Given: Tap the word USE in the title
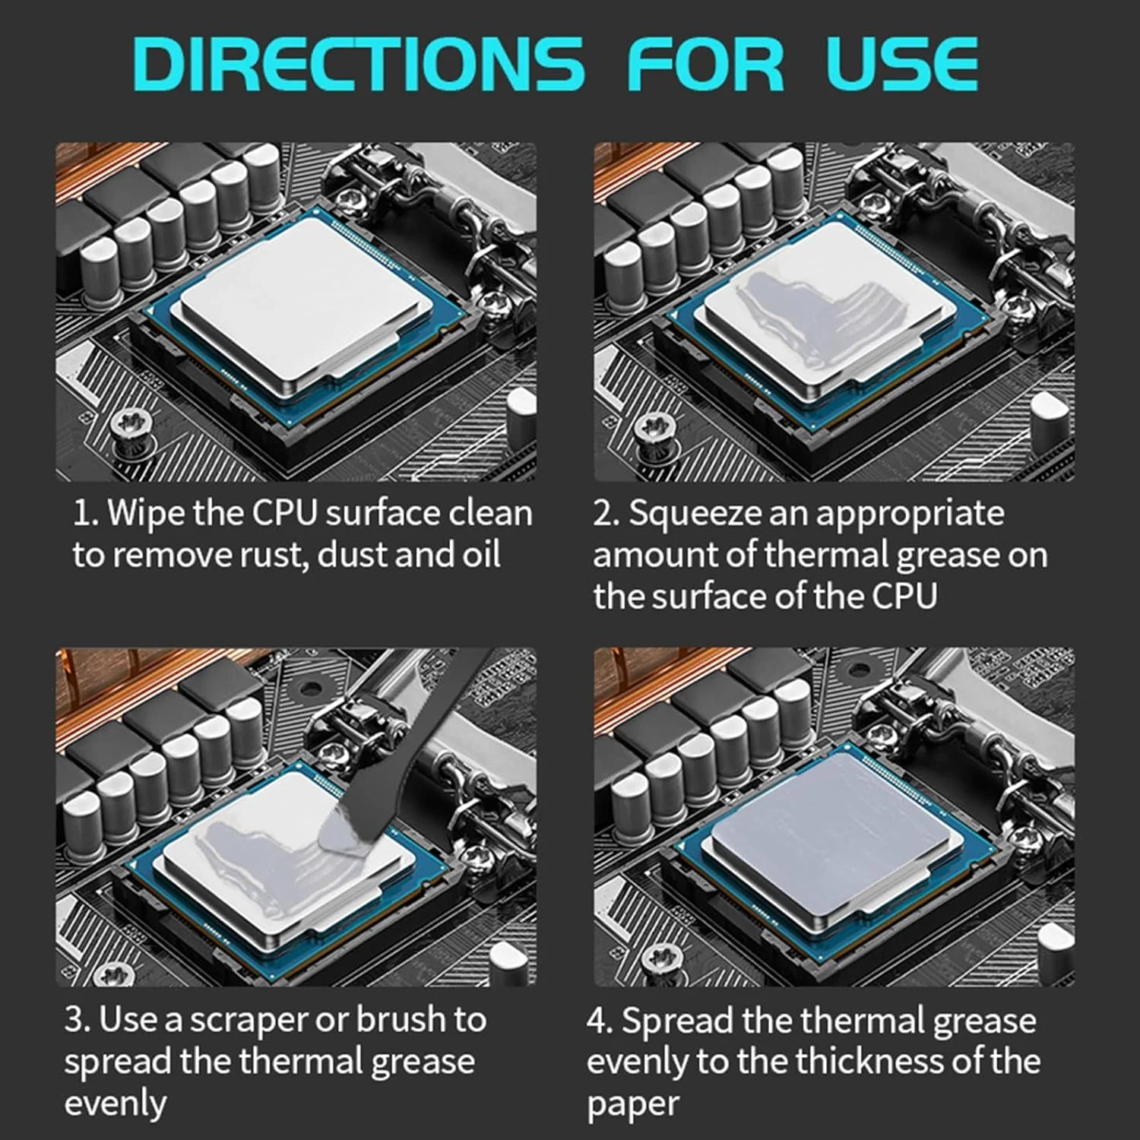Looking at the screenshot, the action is (902, 64).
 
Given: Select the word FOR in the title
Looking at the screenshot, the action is (705, 64).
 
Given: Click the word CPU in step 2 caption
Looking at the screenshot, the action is (905, 596).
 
